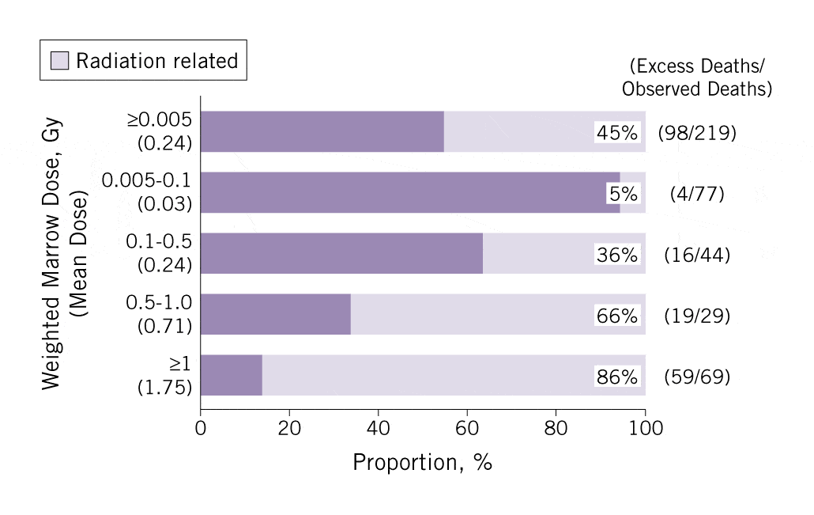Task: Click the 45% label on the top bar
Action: (616, 133)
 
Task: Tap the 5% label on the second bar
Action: (622, 194)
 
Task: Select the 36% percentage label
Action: (616, 255)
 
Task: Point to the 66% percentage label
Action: (616, 316)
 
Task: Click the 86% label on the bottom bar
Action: (616, 377)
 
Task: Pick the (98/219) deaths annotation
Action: (696, 133)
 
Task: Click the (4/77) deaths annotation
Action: (696, 194)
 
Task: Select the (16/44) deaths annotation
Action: (696, 255)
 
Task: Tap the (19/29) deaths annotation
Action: (696, 316)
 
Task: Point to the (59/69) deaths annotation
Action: (696, 377)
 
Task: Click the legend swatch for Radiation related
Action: (59, 60)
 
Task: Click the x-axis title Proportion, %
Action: (422, 462)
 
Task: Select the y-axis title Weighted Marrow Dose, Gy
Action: (51, 253)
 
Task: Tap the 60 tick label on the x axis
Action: (467, 428)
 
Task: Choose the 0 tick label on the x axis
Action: (201, 428)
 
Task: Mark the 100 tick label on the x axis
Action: (645, 428)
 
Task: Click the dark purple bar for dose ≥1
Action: (231, 375)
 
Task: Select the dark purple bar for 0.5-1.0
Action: (275, 314)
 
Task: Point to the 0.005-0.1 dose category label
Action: (147, 181)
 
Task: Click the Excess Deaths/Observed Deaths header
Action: (696, 77)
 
